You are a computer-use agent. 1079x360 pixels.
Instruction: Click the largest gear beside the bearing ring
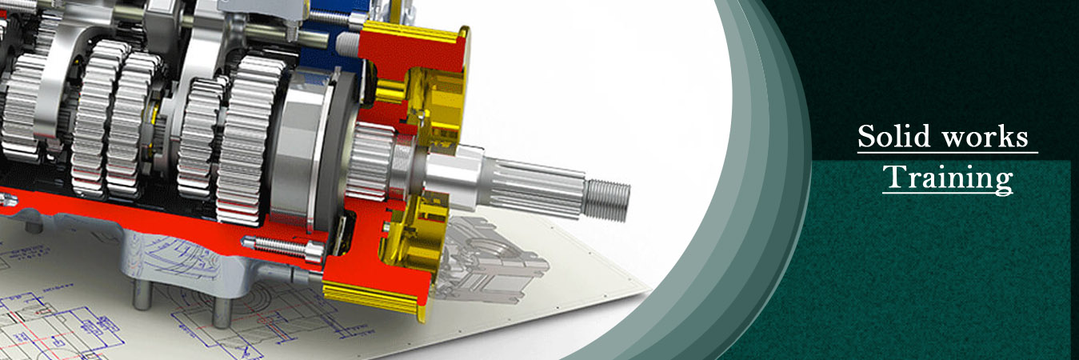coord(248,136)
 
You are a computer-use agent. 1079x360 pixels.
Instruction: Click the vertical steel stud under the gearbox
coord(142,288)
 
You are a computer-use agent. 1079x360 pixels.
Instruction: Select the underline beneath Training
coord(948,193)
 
